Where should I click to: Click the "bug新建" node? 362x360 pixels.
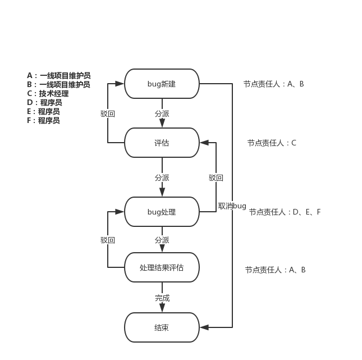162,84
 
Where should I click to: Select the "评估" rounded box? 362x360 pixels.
162,143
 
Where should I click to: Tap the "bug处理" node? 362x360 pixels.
162,212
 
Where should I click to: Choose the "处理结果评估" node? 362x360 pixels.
162,267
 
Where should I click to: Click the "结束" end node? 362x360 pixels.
162,327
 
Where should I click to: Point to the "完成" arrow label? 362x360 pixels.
162,298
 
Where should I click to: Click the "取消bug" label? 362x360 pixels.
232,206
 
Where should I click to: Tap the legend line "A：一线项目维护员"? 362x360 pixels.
58,76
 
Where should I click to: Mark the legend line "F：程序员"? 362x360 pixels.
43,121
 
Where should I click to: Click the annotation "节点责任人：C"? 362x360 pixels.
272,143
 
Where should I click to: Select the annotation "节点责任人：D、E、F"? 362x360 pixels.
285,212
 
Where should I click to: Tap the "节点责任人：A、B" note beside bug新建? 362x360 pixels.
273,84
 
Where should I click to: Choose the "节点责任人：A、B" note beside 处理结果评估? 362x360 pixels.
275,270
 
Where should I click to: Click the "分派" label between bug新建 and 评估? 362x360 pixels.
162,113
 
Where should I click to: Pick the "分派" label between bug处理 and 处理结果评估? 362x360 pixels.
162,240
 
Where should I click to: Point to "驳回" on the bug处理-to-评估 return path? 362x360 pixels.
216,178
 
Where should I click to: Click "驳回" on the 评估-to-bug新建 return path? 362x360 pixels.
108,113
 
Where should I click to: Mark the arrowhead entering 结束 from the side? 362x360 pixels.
203,327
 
